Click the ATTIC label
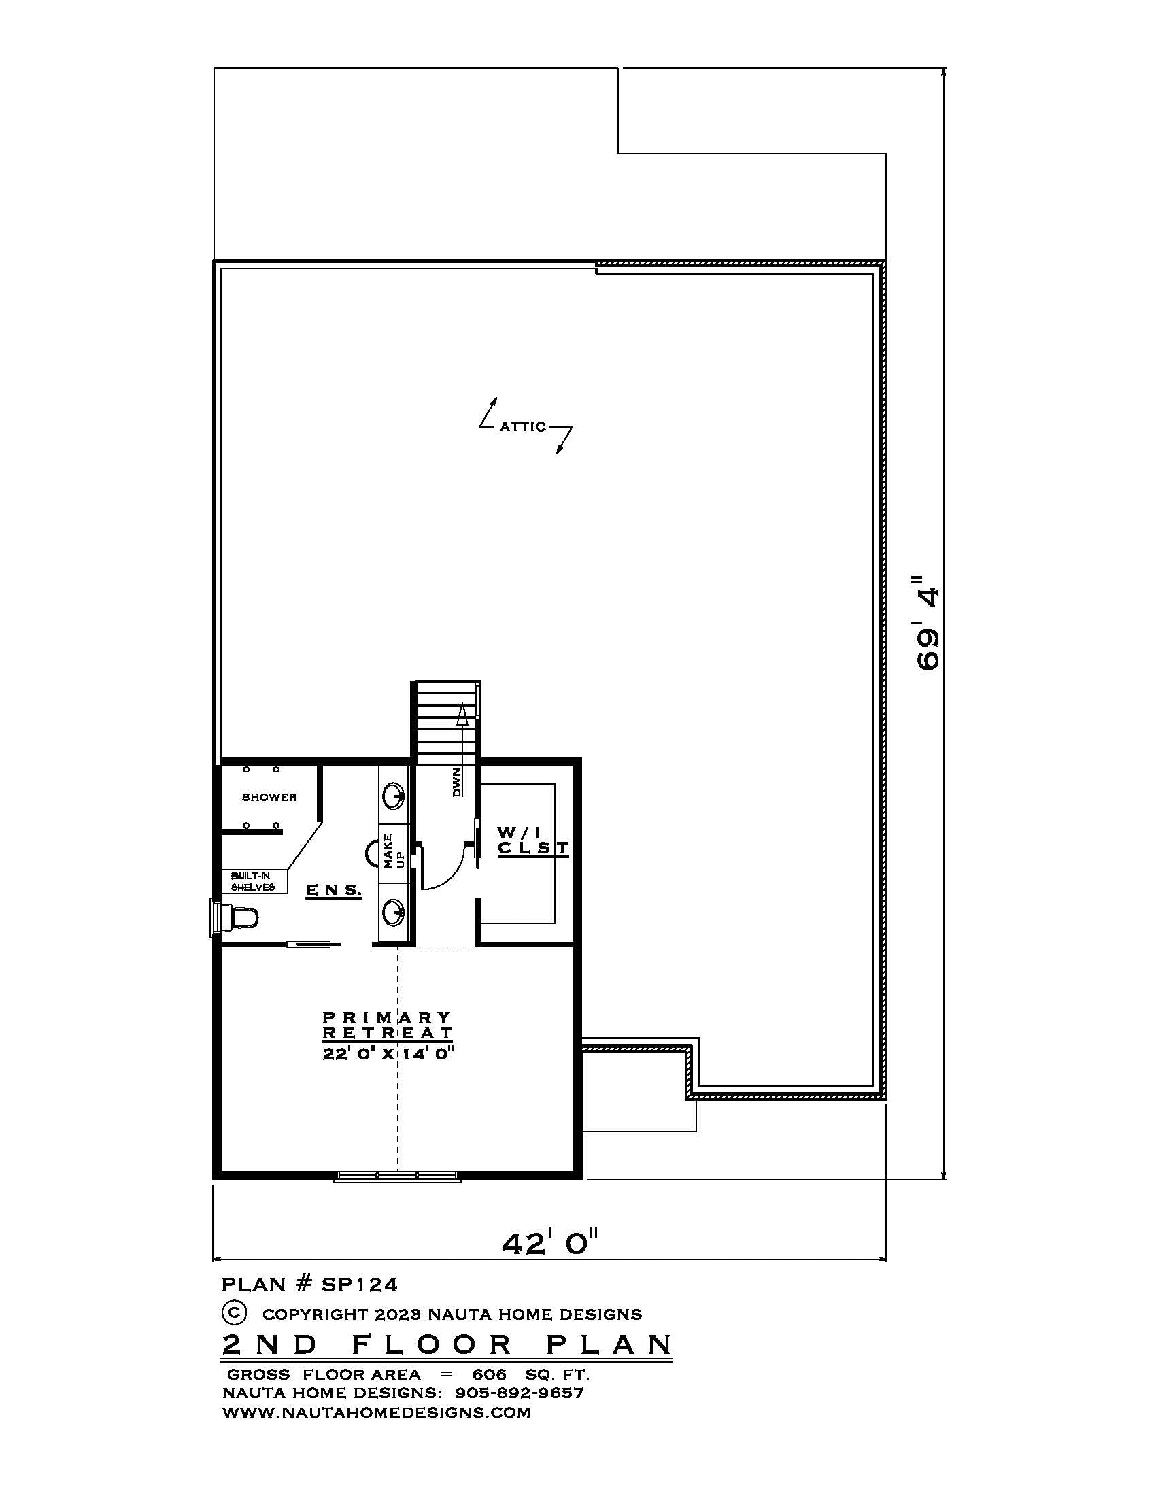(x=522, y=427)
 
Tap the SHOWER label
(x=269, y=798)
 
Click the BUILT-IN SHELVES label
(x=253, y=881)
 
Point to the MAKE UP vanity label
(x=393, y=851)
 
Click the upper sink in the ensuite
(x=394, y=796)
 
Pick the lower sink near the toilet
(x=394, y=912)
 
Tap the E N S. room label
(x=333, y=891)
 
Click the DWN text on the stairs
(x=457, y=782)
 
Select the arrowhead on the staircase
(x=462, y=714)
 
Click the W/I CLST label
(x=532, y=840)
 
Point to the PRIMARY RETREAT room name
(x=387, y=1025)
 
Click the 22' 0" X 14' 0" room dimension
(x=388, y=1053)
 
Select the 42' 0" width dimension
(x=550, y=1242)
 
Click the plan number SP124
(x=360, y=1285)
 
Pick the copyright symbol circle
(x=233, y=1312)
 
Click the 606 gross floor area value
(x=489, y=1374)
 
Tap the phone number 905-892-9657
(x=518, y=1393)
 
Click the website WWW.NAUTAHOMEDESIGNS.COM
(x=376, y=1412)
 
